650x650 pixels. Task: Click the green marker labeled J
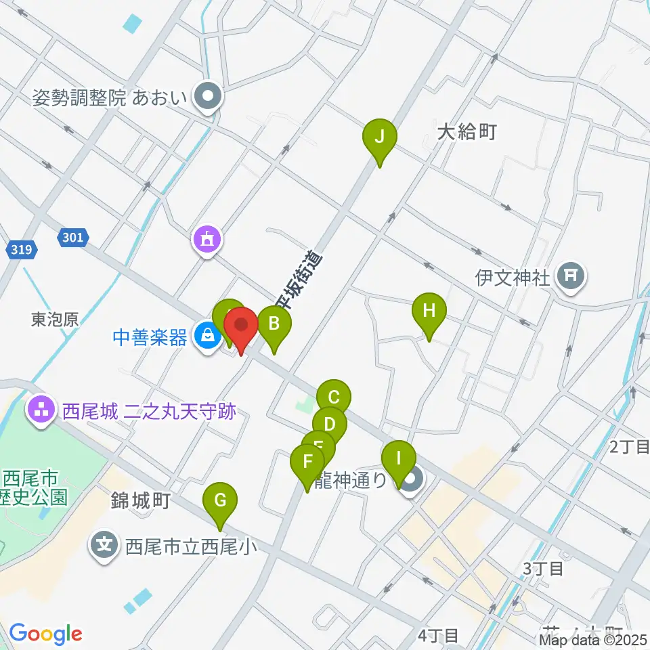[380, 137]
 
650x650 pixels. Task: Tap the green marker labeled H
[429, 311]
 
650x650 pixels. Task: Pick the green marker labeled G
[221, 502]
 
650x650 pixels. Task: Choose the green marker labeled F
[308, 463]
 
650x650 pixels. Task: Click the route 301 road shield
[72, 237]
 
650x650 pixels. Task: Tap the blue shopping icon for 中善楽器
[205, 334]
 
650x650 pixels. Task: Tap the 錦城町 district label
[140, 502]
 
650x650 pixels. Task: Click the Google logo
[45, 634]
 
